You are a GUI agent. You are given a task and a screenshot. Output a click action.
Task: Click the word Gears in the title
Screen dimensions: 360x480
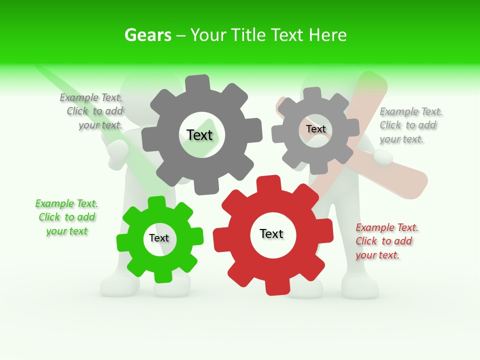point(147,35)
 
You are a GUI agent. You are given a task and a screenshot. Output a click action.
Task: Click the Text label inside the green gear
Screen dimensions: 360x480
point(159,238)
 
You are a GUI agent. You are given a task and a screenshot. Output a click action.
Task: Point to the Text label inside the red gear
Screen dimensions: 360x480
point(271,234)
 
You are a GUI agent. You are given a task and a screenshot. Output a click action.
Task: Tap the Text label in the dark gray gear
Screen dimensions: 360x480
point(199,135)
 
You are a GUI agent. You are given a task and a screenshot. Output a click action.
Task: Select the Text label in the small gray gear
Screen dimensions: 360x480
point(316,129)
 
